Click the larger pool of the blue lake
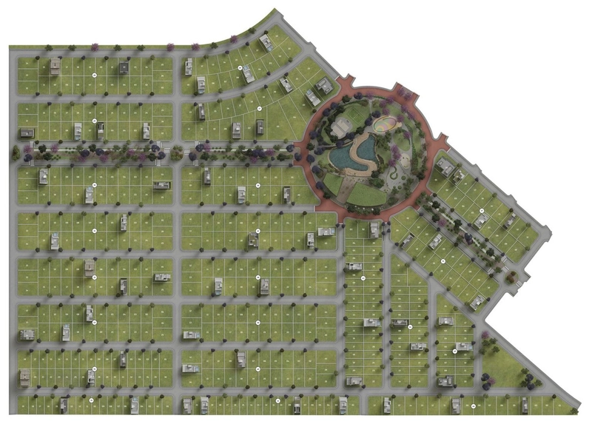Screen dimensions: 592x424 click(x=342, y=157)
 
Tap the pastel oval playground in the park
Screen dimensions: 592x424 click(x=383, y=124)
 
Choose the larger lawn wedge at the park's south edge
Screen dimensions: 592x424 click(x=368, y=194)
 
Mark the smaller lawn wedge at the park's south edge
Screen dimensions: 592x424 click(x=334, y=182)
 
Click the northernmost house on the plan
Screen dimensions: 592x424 click(x=266, y=42)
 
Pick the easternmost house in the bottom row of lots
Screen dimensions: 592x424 click(x=524, y=405)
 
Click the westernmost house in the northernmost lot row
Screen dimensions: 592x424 click(x=55, y=67)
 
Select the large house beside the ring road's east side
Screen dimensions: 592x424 click(x=445, y=166)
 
